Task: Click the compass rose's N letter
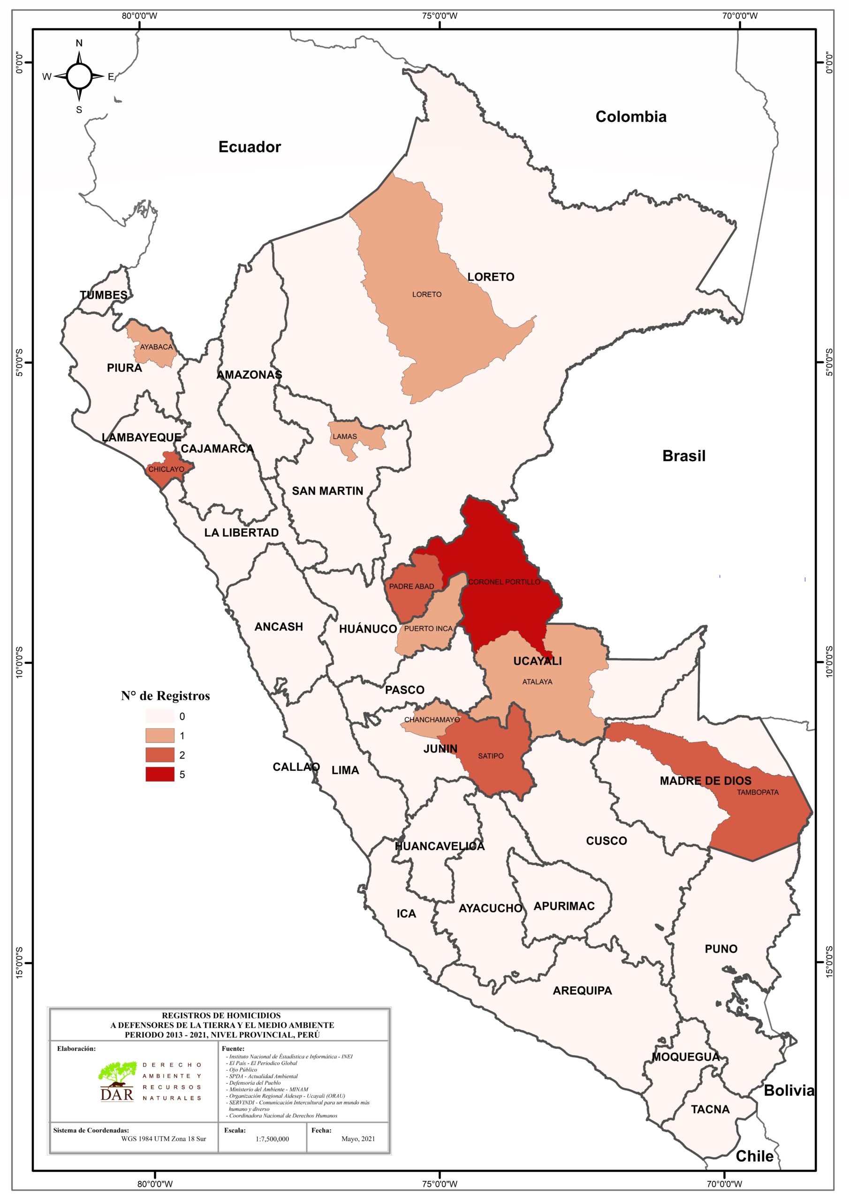79,43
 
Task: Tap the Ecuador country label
250,147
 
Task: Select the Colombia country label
631,117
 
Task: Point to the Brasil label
684,456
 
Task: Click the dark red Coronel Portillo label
504,582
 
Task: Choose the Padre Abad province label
411,586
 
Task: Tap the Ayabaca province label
156,347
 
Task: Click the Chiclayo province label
166,469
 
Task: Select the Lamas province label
345,436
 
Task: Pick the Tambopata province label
758,792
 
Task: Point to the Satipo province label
491,756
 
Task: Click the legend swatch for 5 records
159,774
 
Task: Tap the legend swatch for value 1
159,736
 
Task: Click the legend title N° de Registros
165,696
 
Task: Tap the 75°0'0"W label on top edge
440,15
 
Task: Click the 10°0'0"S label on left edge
19,662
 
